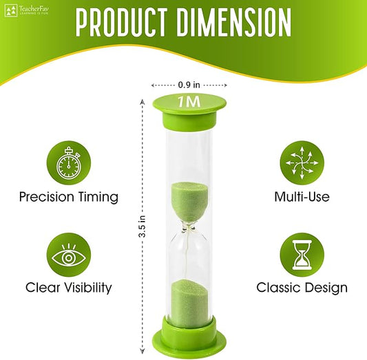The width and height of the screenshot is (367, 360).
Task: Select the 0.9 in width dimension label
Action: pos(188,85)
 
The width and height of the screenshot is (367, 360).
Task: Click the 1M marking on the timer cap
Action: pos(188,101)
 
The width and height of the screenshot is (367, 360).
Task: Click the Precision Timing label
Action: pos(68,198)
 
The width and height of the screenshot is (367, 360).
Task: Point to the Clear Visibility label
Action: pos(68,288)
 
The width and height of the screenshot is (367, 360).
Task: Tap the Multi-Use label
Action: pos(302,198)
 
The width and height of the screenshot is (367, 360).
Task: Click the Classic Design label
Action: pos(302,288)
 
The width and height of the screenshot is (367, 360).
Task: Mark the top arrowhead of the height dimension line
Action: pos(142,100)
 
